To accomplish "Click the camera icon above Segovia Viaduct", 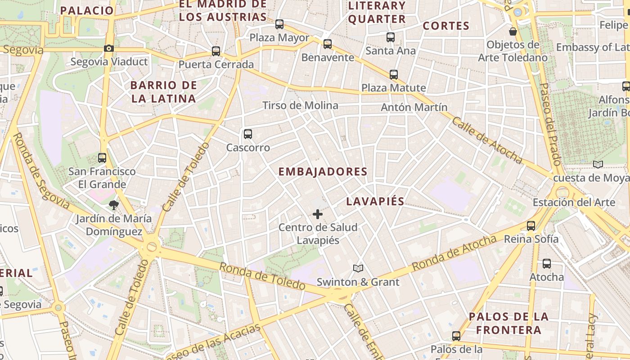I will coord(108,48).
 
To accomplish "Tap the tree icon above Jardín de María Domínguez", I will coord(113,205).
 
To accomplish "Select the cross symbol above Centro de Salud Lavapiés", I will coord(318,214).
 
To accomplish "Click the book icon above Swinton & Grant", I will coord(358,269).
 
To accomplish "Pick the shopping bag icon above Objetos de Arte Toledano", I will coord(513,31).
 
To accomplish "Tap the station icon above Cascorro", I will coord(247,134).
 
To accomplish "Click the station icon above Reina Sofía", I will coord(531,225).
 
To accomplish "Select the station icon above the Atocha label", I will coord(546,264).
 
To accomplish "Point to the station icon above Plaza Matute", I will coord(394,74).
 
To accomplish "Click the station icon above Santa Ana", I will coord(390,37).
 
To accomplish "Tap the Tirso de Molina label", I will coord(300,105).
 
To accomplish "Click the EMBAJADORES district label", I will coord(323,171).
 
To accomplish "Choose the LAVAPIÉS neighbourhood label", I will coord(375,201).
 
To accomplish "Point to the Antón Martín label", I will coord(414,107).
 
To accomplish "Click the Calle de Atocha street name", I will coord(487,140).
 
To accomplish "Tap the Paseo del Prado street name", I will coord(550,124).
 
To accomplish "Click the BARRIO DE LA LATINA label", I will coord(164,92).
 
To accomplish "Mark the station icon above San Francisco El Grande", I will coord(102,158).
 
